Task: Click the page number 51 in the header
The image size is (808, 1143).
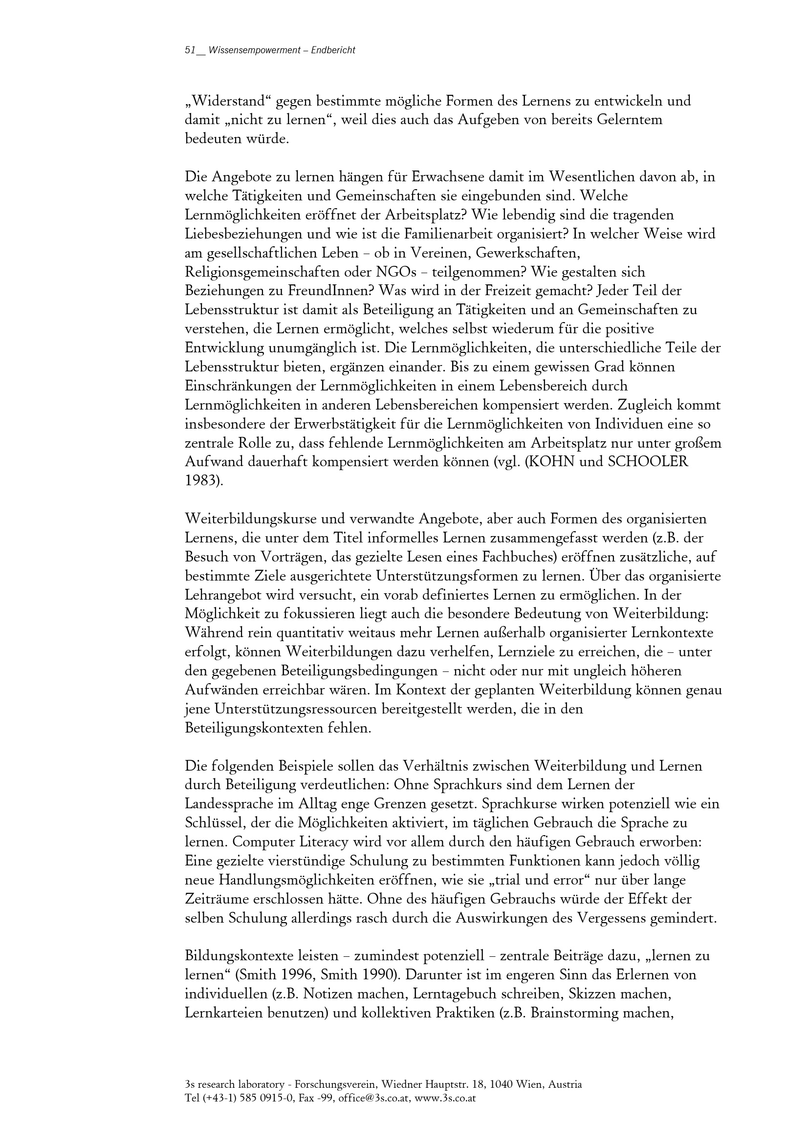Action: [x=189, y=50]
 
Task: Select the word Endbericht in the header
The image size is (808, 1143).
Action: [x=332, y=50]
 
